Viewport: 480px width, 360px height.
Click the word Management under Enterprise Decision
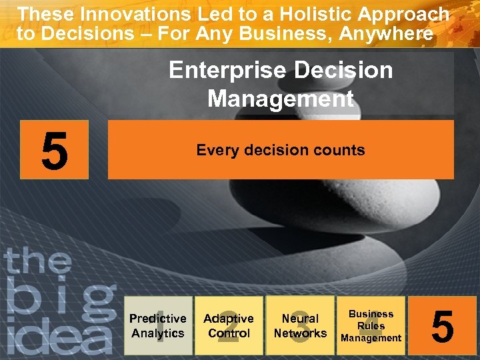point(280,99)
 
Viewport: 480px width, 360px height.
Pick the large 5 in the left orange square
point(54,150)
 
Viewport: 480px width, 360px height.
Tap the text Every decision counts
point(280,150)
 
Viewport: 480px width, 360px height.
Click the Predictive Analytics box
point(158,325)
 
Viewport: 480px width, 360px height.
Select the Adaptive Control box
point(229,325)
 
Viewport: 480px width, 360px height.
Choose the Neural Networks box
point(300,325)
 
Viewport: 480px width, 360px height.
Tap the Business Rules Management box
point(371,325)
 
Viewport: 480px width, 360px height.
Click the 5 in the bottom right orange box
point(443,326)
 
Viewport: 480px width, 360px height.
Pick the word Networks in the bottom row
point(300,333)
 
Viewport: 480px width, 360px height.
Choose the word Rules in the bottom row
point(371,326)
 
